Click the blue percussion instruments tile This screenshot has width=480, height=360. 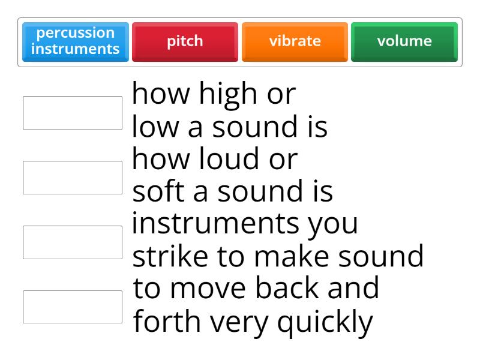pyautogui.click(x=75, y=42)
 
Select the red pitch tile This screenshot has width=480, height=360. pyautogui.click(x=185, y=42)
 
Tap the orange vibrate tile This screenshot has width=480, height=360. pyautogui.click(x=295, y=42)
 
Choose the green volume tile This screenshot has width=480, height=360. pyautogui.click(x=404, y=42)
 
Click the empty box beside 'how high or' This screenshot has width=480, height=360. pyautogui.click(x=73, y=113)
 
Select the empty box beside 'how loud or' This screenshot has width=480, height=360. pyautogui.click(x=73, y=177)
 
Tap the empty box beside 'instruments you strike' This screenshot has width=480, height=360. pyautogui.click(x=73, y=242)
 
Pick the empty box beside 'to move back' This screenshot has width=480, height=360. pyautogui.click(x=73, y=307)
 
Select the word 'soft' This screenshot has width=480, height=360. pyautogui.click(x=155, y=192)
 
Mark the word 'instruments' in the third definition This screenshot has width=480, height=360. pyautogui.click(x=210, y=225)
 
